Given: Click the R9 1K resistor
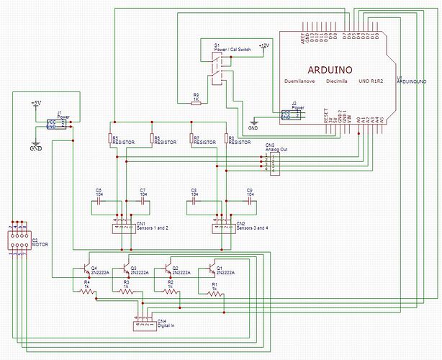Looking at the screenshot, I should (x=196, y=103).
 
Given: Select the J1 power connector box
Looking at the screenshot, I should (x=56, y=124).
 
